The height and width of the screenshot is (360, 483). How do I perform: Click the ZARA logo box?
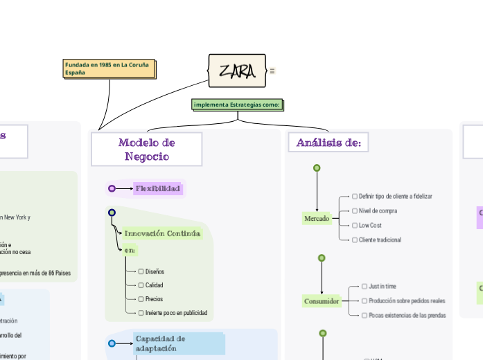[x=237, y=71]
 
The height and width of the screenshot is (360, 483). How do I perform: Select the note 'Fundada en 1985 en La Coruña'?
[x=109, y=68]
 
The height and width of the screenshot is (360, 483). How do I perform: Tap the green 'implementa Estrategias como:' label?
[x=238, y=105]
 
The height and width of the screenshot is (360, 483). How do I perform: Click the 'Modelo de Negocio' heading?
[x=146, y=149]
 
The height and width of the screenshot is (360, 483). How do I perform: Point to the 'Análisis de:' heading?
[x=328, y=143]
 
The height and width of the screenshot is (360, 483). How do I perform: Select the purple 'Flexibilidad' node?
[x=157, y=188]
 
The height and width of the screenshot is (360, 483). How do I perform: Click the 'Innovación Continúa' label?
[x=163, y=233]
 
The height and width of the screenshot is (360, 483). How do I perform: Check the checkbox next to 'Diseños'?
[x=141, y=271]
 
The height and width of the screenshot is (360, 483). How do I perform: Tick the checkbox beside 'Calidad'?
[x=141, y=285]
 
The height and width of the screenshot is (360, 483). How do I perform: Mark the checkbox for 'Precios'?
[x=141, y=299]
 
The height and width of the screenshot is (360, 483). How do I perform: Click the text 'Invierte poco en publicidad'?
[x=176, y=313]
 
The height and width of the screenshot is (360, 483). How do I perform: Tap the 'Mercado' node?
[x=317, y=219]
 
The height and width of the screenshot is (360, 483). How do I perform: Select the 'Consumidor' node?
[x=322, y=301]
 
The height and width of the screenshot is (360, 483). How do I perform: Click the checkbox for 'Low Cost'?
[x=355, y=226]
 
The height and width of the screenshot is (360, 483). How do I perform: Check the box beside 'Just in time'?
[x=365, y=286]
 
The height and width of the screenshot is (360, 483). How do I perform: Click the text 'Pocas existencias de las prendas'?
[x=407, y=315]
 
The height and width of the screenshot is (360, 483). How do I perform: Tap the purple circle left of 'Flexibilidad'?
[x=112, y=188]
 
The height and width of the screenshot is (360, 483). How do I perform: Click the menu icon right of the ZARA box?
[x=272, y=71]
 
